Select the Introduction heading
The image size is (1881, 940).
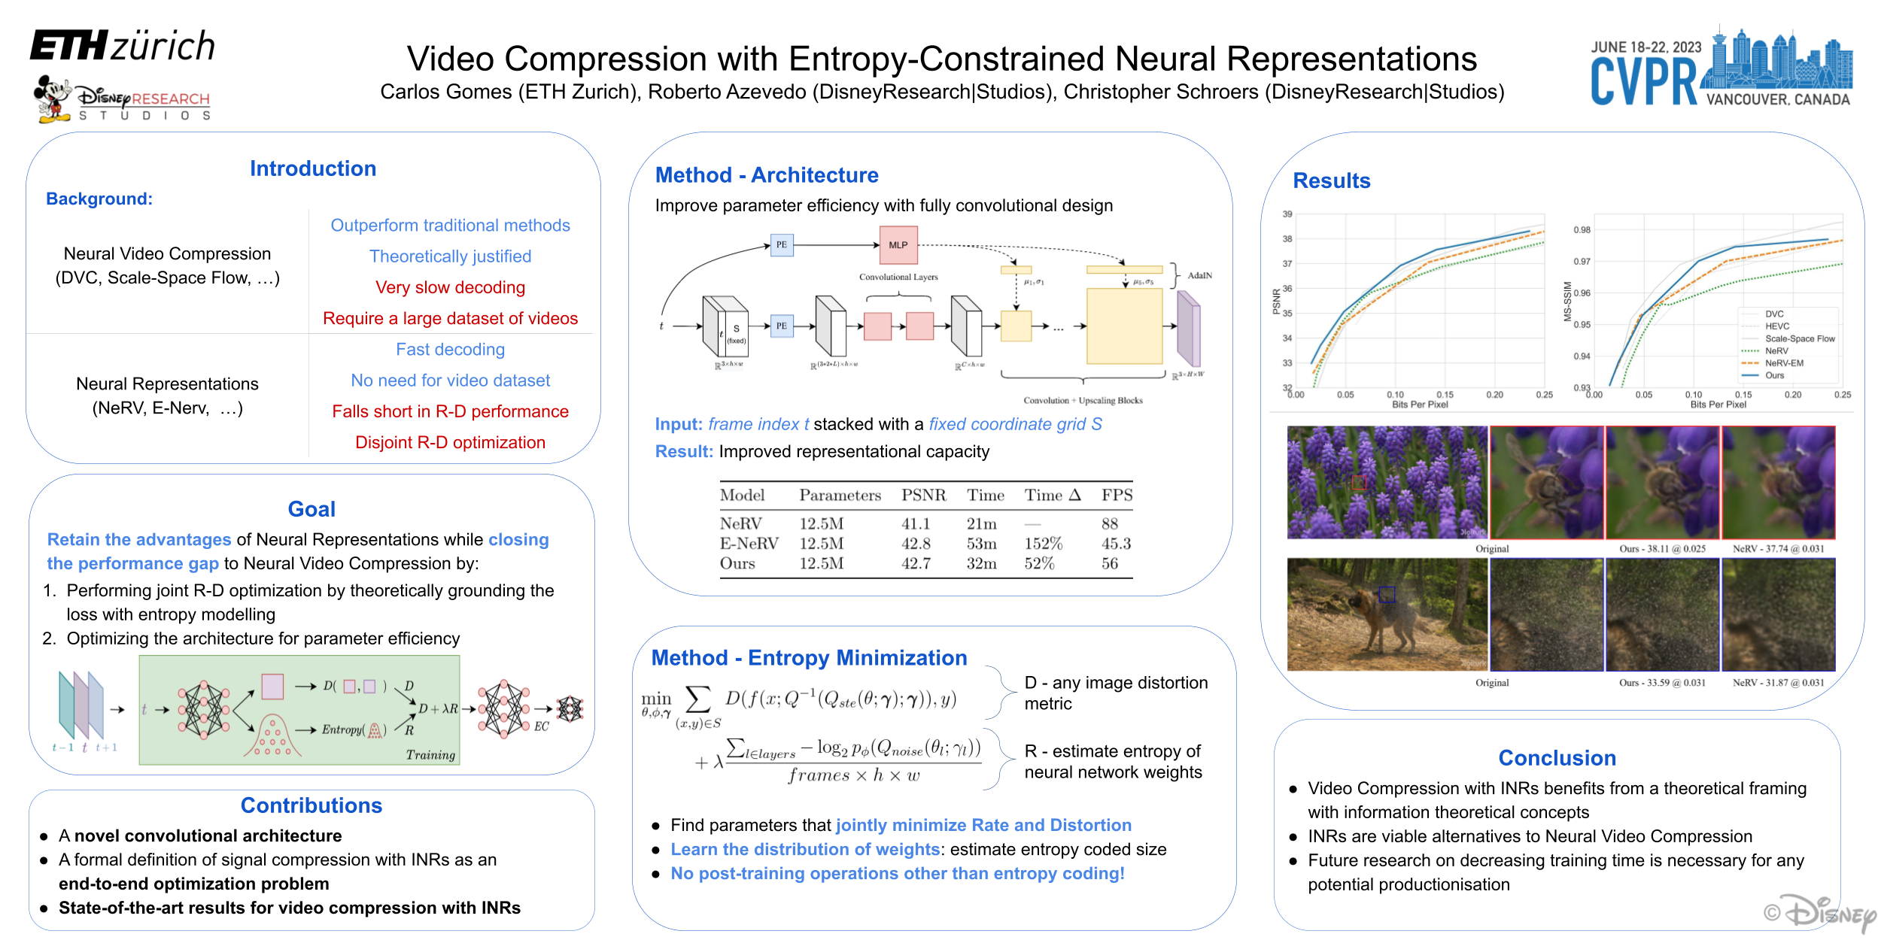(x=313, y=168)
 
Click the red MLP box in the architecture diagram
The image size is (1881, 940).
(x=898, y=245)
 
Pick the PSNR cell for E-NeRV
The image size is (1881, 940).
(x=916, y=544)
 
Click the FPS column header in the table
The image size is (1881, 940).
(x=1117, y=495)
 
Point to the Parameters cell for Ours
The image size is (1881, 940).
(x=821, y=563)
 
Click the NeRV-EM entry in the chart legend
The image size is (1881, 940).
(x=1784, y=363)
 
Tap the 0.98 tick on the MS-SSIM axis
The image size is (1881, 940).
(x=1582, y=230)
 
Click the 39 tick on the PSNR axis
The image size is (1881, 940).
(x=1287, y=214)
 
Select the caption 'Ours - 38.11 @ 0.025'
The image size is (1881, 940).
(x=1662, y=549)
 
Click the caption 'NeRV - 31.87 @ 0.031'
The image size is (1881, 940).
(x=1778, y=683)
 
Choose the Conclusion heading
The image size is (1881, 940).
(x=1557, y=758)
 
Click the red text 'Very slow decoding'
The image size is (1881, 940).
(x=450, y=287)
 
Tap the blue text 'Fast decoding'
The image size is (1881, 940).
(x=450, y=350)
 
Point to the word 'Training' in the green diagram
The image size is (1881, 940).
(x=430, y=755)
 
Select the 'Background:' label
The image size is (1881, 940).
(x=99, y=199)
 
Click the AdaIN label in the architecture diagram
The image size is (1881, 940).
(x=1199, y=275)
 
